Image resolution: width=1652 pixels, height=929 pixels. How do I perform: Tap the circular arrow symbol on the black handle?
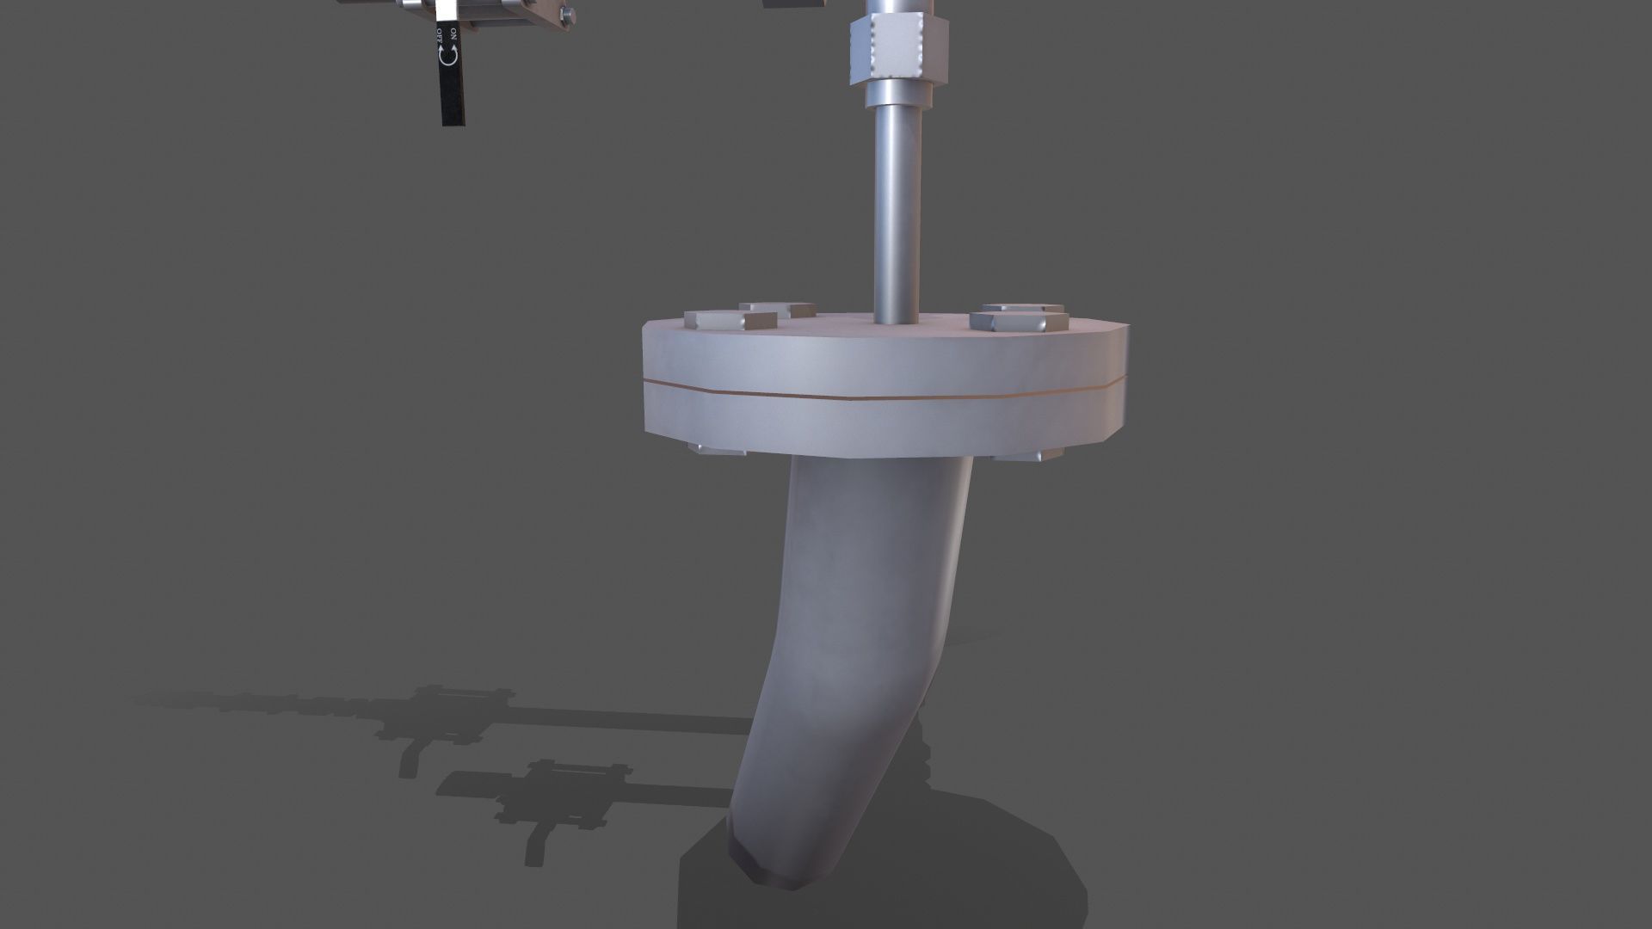(x=447, y=54)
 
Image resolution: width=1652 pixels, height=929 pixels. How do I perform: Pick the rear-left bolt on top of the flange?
(x=777, y=308)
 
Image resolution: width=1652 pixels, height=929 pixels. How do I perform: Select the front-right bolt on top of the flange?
(x=1019, y=321)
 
